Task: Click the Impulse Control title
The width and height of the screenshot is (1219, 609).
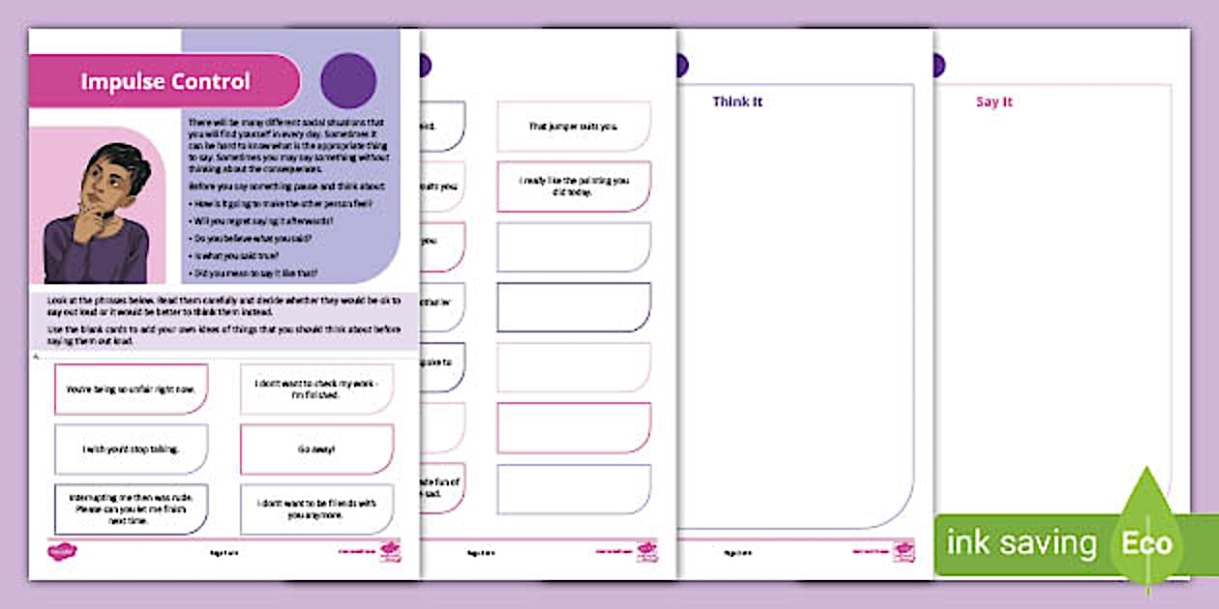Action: pyautogui.click(x=164, y=81)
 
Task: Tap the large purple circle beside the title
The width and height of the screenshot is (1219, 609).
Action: pyautogui.click(x=347, y=80)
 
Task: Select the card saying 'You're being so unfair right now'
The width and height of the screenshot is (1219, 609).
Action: pyautogui.click(x=131, y=389)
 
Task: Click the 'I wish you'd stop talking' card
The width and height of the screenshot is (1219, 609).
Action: pyautogui.click(x=131, y=449)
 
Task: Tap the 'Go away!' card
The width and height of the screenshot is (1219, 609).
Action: pyautogui.click(x=316, y=449)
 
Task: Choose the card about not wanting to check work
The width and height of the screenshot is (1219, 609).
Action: pyautogui.click(x=316, y=389)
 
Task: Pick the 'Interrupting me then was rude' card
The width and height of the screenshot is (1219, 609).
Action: pyautogui.click(x=131, y=508)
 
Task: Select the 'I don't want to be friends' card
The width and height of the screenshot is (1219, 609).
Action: pyautogui.click(x=316, y=508)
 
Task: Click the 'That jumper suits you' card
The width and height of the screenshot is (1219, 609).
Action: pyautogui.click(x=574, y=127)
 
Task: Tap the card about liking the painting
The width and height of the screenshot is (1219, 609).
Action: pyautogui.click(x=574, y=186)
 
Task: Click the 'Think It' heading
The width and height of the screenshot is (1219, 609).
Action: pyautogui.click(x=738, y=101)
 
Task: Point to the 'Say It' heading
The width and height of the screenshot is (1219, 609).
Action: pyautogui.click(x=995, y=101)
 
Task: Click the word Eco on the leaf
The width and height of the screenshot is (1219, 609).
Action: pyautogui.click(x=1147, y=543)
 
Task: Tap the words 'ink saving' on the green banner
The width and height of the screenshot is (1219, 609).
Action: pyautogui.click(x=1021, y=543)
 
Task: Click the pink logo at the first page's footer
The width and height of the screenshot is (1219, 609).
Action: pyautogui.click(x=62, y=552)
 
